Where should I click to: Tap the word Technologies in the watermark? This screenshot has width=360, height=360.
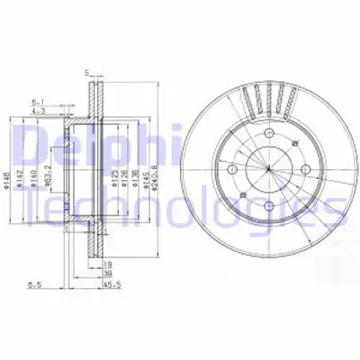(x=180, y=211)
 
